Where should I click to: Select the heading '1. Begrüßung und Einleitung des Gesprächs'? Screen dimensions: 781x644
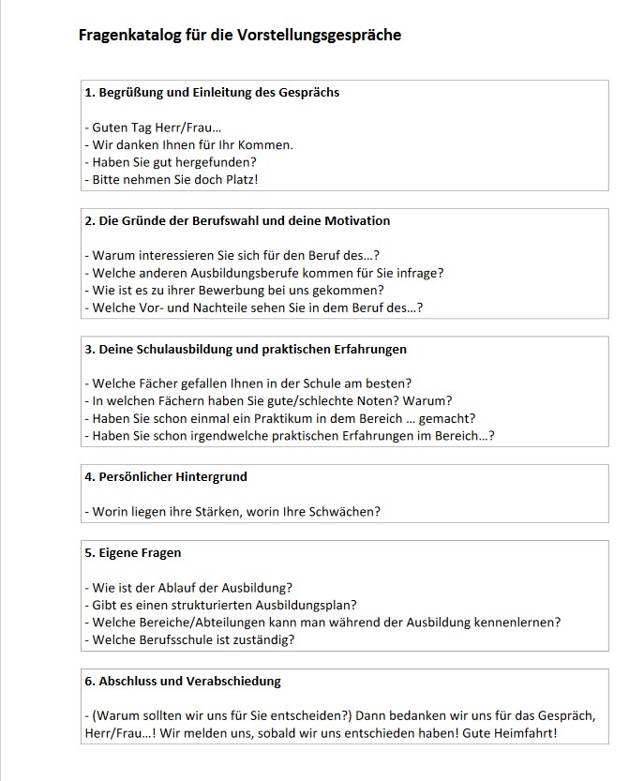click(212, 93)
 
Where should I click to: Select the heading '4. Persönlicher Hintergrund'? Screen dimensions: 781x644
click(166, 476)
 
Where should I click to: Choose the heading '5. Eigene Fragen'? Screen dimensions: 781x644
click(133, 553)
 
